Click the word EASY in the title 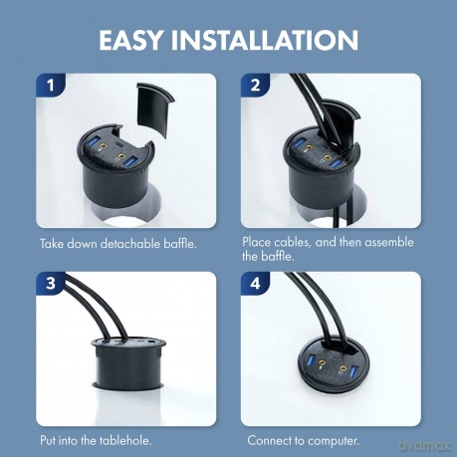point(130,40)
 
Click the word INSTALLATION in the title point(265,40)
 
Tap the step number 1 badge point(51,85)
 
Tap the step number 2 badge point(255,85)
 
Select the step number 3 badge point(51,284)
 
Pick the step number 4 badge point(255,284)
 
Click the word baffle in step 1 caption point(180,244)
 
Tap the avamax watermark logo point(424,445)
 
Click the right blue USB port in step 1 point(130,162)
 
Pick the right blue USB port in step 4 point(353,371)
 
